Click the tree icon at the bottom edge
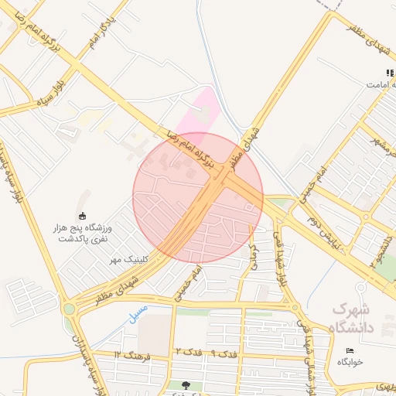point(186,384)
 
